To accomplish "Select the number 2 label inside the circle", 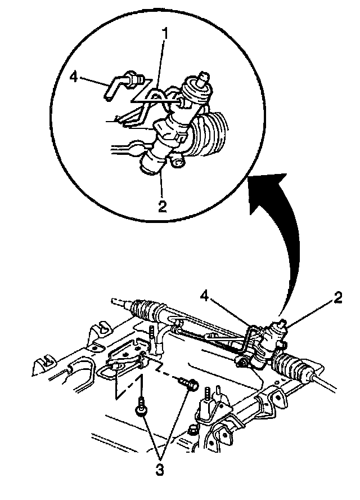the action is [x=162, y=205].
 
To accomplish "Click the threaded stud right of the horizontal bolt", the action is [x=212, y=394].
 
